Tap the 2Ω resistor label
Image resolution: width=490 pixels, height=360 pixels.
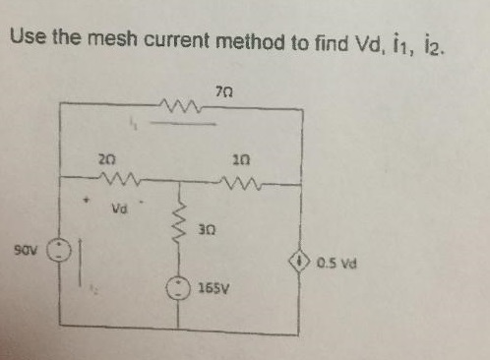click(x=107, y=158)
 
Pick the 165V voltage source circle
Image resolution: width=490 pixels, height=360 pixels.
click(x=180, y=287)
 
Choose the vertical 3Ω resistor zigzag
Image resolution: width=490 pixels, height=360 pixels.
click(x=180, y=225)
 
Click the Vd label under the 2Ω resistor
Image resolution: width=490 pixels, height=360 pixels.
click(x=120, y=210)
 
